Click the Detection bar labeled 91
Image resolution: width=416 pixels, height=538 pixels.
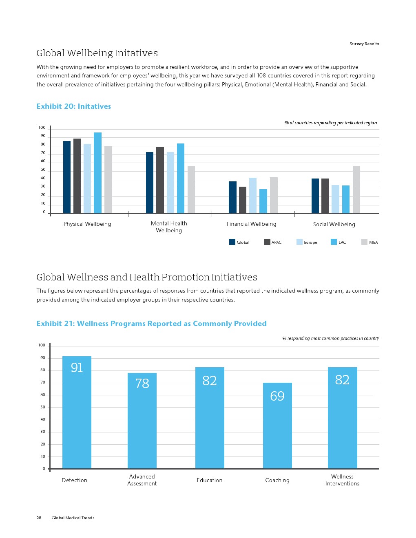pos(77,412)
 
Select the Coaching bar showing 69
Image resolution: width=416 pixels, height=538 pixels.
pos(277,426)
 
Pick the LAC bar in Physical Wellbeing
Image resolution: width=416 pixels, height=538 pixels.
pos(97,173)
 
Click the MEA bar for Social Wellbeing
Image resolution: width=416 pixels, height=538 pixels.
pos(356,190)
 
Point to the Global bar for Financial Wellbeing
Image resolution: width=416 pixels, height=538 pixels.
pos(232,197)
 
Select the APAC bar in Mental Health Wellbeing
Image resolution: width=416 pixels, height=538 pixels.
pos(160,180)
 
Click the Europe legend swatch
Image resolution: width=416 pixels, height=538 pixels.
pos(299,242)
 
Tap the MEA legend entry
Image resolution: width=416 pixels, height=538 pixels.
pos(370,242)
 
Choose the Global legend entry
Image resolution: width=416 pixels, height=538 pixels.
pos(239,242)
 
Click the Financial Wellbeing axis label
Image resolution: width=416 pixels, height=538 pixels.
pos(251,224)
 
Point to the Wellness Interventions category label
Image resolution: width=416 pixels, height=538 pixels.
pos(342,480)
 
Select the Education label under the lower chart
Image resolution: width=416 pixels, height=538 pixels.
pos(210,480)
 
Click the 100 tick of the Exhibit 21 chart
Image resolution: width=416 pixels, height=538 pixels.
pos(42,345)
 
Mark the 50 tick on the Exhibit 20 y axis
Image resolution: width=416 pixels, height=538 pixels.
pos(43,170)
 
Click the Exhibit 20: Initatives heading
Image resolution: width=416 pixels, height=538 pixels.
pos(73,106)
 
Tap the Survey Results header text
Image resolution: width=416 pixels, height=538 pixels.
pos(364,44)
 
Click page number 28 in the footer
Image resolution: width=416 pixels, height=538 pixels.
pos(39,518)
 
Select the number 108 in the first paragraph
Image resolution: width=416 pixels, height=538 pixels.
pos(261,75)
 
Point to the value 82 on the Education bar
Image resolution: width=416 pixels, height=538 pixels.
pos(210,380)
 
